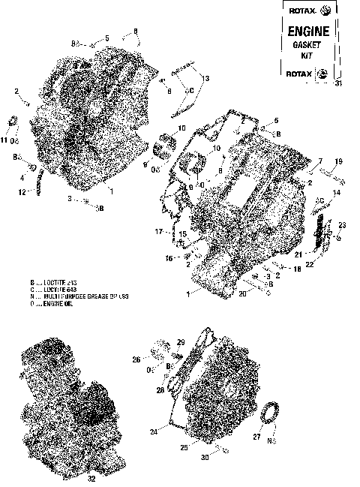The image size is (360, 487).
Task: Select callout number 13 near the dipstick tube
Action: [205, 78]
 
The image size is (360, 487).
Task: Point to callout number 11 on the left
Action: [4, 140]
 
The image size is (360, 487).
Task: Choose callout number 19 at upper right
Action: [338, 162]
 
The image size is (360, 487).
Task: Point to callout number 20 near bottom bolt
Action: [242, 294]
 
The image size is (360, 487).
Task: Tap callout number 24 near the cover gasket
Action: [154, 432]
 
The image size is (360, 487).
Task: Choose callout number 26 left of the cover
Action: [136, 359]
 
